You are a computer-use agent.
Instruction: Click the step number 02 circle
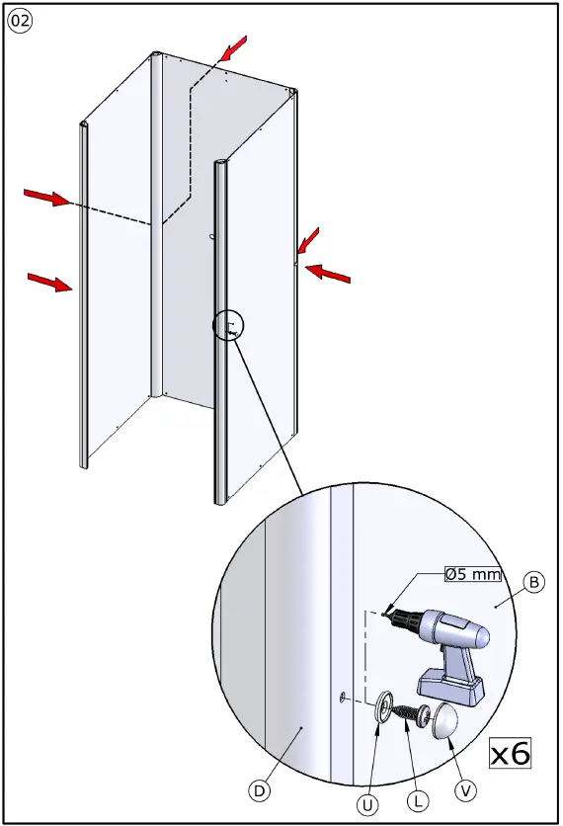(x=20, y=21)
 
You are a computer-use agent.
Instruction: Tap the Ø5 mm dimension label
(x=472, y=574)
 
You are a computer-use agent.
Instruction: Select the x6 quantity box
(x=511, y=752)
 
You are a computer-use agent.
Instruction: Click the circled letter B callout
(x=534, y=582)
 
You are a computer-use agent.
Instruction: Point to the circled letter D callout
(x=259, y=790)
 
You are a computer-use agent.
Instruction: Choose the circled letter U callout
(x=367, y=804)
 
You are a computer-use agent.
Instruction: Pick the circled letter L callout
(x=418, y=801)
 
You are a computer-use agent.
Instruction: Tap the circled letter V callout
(x=465, y=790)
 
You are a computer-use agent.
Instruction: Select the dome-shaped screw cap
(x=444, y=720)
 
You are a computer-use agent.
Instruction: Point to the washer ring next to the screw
(x=384, y=705)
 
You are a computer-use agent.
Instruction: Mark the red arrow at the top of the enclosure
(x=233, y=48)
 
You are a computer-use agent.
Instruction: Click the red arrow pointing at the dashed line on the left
(x=46, y=197)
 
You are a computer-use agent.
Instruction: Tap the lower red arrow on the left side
(x=50, y=282)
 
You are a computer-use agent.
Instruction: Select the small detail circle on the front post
(x=228, y=325)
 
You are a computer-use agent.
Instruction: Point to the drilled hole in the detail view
(x=343, y=698)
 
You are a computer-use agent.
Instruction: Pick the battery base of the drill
(x=450, y=688)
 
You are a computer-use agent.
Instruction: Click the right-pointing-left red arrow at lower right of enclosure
(x=328, y=274)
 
